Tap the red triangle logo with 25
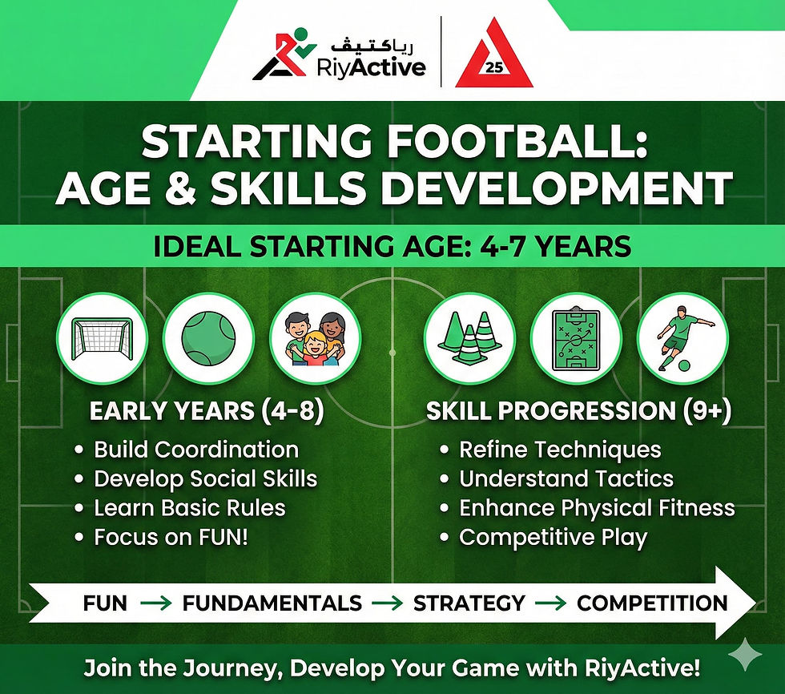pos(493,55)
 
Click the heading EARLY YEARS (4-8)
pos(207,411)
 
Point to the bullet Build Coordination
pos(196,450)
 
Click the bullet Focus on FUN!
pos(171,537)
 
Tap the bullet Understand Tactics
pos(566,479)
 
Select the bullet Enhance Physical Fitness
pos(597,508)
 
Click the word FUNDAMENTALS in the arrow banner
pos(272,603)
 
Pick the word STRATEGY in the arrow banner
pos(469,603)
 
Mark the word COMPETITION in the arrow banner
pos(652,603)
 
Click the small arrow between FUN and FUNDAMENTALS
pos(155,603)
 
